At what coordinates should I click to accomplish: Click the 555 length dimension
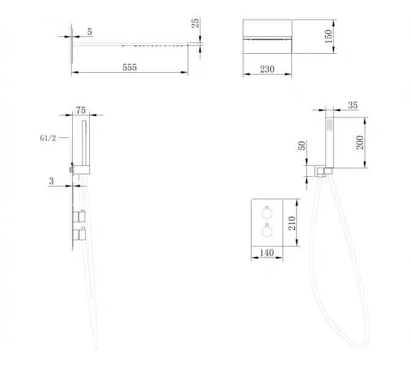130,67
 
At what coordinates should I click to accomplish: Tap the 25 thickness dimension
195,23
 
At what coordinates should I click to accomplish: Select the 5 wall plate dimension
89,32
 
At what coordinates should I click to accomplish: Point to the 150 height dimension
329,36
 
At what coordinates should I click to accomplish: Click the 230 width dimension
267,69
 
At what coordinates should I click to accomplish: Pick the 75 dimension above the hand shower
81,110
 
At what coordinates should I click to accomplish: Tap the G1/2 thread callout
48,138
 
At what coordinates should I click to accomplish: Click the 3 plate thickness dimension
51,181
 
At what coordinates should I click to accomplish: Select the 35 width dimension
353,105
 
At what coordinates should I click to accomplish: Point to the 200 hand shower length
360,143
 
